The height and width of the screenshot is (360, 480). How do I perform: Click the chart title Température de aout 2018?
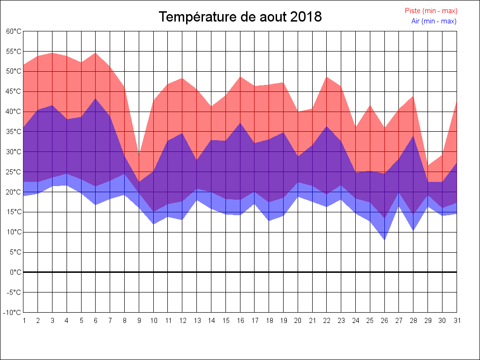(x=240, y=17)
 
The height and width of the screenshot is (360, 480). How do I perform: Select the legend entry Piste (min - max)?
(x=431, y=11)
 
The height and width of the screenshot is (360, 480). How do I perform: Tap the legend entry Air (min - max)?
(x=434, y=21)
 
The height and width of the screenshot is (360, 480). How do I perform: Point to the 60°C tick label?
(x=14, y=31)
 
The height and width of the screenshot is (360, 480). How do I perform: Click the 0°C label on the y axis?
(x=15, y=272)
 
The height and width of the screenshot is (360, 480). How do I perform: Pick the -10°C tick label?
(x=13, y=313)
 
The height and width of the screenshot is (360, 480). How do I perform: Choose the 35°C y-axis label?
(x=14, y=132)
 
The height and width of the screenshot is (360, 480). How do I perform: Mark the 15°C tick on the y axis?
(x=14, y=212)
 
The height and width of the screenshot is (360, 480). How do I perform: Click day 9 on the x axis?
(x=139, y=321)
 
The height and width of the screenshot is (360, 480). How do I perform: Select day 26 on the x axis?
(x=384, y=321)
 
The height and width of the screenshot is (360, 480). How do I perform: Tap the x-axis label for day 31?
(x=457, y=321)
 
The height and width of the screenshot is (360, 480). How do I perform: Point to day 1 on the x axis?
(x=24, y=321)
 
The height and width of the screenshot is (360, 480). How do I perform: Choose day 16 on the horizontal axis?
(x=240, y=321)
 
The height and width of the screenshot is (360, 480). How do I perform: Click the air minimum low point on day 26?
(x=384, y=240)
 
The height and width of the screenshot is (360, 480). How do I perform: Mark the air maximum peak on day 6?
(x=96, y=98)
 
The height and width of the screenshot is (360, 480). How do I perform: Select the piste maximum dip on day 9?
(x=139, y=155)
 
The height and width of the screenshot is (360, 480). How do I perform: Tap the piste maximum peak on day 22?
(x=327, y=77)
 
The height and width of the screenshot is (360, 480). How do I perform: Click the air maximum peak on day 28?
(x=413, y=136)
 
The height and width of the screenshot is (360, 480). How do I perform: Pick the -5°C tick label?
(x=14, y=292)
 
